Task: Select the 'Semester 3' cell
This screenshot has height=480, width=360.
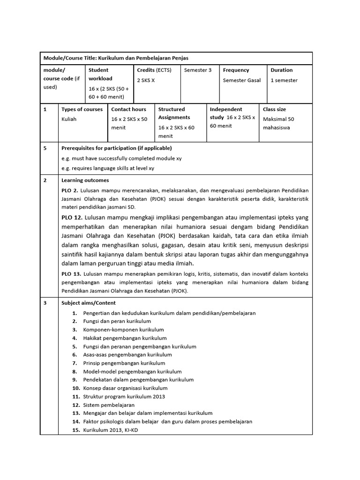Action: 198,70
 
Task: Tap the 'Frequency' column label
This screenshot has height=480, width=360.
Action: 236,70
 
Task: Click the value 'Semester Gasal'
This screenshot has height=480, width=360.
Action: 241,80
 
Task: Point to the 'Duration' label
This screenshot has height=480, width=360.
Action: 281,70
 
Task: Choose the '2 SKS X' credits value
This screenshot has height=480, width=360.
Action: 146,80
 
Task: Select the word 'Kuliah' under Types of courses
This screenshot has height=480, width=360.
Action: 69,119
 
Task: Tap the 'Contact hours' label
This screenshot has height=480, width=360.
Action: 128,109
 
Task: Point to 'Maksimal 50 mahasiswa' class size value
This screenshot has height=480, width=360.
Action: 278,123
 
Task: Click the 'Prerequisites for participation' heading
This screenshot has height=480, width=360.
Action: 113,148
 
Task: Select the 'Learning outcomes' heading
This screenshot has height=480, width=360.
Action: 85,180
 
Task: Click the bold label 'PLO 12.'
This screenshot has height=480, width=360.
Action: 72,217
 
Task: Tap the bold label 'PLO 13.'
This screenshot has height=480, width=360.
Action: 71,273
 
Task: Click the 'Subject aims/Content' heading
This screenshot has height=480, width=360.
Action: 89,303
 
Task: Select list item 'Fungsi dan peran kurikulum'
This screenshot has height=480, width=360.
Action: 117,321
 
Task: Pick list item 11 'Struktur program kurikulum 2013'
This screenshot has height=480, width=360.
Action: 124,397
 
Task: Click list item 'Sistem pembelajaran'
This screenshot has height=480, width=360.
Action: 109,405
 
